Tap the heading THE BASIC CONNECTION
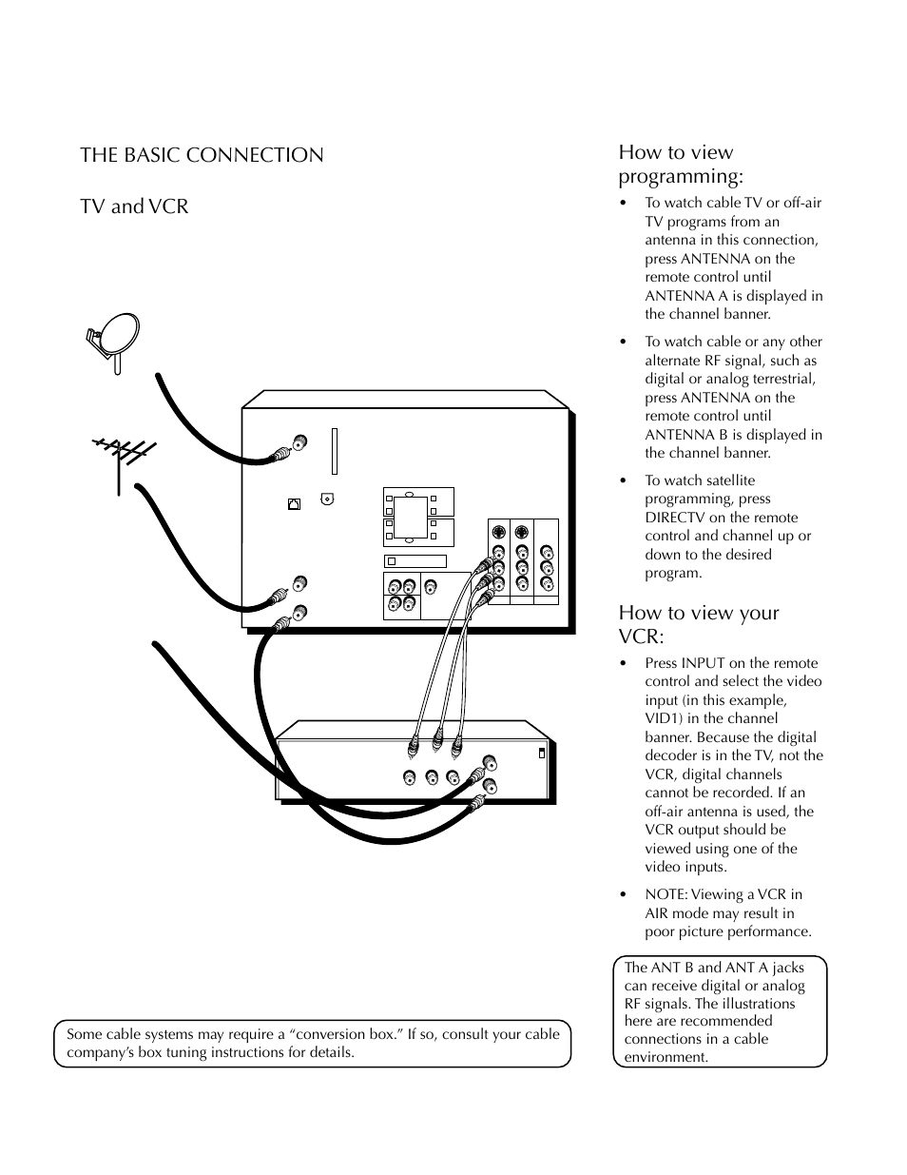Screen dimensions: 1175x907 click(x=202, y=155)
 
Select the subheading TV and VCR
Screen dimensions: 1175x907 click(x=134, y=206)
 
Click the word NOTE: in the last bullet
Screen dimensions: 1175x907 click(x=666, y=894)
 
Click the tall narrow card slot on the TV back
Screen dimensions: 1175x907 click(x=334, y=450)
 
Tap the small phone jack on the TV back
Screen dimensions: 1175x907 click(x=294, y=504)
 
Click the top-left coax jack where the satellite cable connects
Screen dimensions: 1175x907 click(x=300, y=442)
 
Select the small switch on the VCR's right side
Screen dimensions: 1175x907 click(x=542, y=753)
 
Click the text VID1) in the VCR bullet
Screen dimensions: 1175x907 click(x=666, y=718)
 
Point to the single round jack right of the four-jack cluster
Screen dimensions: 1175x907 click(x=431, y=587)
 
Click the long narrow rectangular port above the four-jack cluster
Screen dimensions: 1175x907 click(x=415, y=561)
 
